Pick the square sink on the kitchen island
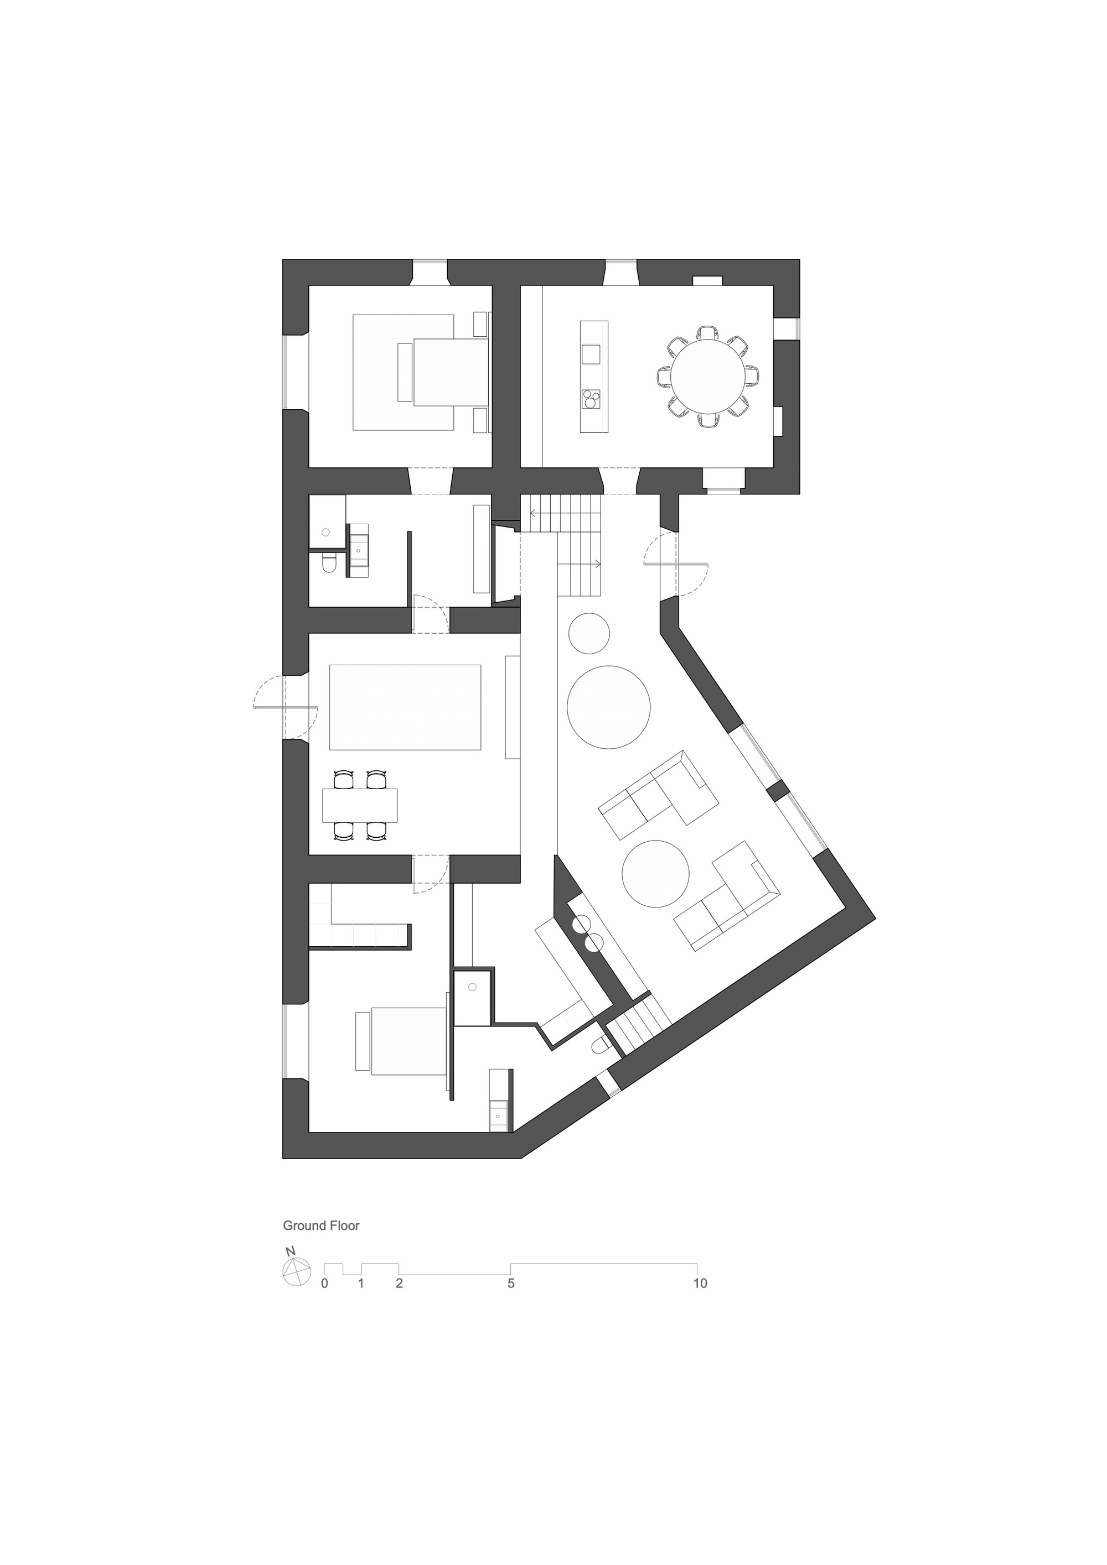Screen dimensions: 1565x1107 (x=591, y=354)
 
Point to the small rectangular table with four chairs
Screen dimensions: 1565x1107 (x=359, y=805)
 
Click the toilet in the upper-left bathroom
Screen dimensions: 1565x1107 (x=328, y=565)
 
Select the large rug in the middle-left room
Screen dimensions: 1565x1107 (x=405, y=707)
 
